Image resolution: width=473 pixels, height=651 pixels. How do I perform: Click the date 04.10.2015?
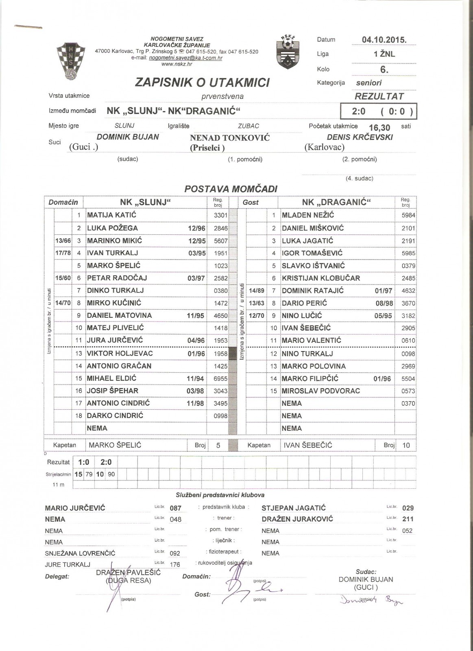click(x=384, y=40)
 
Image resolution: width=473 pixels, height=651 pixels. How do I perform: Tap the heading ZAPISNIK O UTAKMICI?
click(x=202, y=83)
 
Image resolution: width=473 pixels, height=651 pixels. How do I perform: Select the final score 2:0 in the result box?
click(x=359, y=111)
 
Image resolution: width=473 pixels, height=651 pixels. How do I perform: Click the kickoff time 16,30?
click(x=379, y=128)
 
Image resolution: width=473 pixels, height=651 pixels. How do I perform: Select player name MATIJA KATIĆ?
click(x=111, y=215)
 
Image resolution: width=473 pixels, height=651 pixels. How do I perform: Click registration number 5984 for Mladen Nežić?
click(x=408, y=215)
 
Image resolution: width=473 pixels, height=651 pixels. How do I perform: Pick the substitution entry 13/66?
click(x=63, y=241)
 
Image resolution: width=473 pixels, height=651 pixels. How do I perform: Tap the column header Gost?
click(x=251, y=202)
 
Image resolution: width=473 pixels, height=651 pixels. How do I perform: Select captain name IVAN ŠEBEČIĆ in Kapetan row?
click(x=308, y=445)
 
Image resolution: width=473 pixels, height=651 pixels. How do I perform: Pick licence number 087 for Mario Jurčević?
click(x=175, y=508)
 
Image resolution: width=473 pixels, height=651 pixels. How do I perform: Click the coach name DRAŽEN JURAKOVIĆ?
click(x=297, y=519)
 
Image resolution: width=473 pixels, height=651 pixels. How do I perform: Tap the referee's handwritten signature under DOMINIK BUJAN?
click(x=371, y=600)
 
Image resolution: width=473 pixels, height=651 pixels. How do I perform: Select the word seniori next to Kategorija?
click(x=369, y=83)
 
